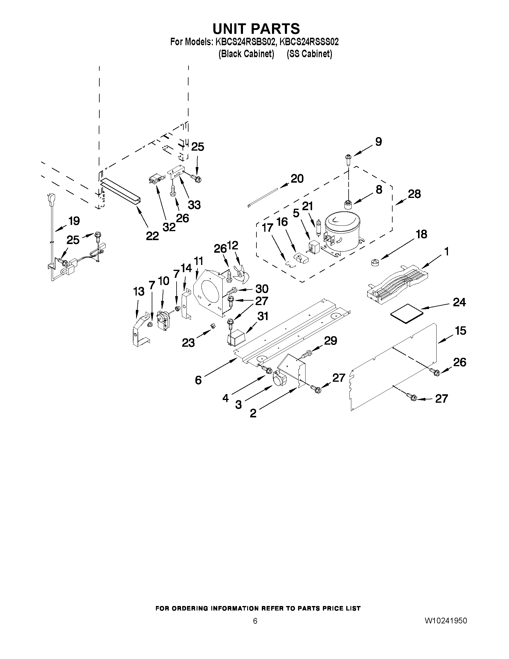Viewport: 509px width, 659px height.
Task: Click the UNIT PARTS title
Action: click(x=256, y=29)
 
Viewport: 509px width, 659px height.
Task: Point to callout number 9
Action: click(x=378, y=142)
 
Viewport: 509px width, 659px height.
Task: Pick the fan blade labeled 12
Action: click(x=241, y=273)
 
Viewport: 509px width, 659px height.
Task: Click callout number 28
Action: click(x=414, y=194)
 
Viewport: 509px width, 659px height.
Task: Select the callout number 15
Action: click(x=460, y=331)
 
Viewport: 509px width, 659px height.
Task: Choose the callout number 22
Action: click(x=152, y=236)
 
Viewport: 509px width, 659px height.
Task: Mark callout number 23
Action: click(x=188, y=343)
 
